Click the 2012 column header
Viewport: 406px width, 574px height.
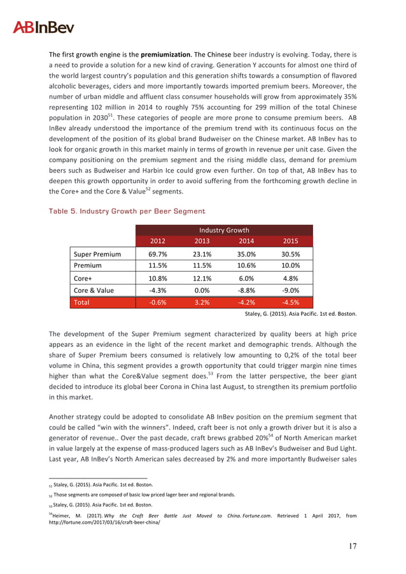pos(158,241)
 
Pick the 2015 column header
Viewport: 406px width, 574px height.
pos(291,241)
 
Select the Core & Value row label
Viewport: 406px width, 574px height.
pos(94,290)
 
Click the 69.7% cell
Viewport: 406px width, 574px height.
pos(158,254)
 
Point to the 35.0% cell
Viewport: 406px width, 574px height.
pos(246,254)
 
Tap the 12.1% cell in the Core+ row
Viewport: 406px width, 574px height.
pos(202,278)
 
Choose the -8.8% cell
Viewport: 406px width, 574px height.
pos(246,290)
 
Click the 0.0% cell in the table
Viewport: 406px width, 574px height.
pos(202,290)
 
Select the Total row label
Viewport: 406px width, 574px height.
pos(82,302)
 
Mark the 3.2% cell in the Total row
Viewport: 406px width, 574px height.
pos(202,302)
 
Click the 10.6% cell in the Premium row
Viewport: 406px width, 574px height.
pos(246,265)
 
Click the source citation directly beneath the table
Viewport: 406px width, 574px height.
pos(300,314)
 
